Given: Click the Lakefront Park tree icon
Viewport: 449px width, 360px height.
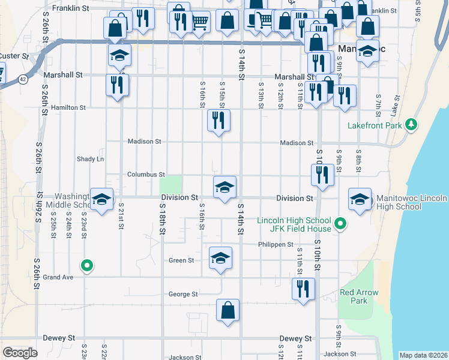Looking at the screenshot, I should click(411, 125).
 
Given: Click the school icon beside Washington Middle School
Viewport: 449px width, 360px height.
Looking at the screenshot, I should click(101, 200).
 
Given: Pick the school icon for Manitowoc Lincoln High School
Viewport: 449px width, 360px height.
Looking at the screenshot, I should click(360, 200).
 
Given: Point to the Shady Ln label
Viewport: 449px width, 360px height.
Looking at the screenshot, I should click(90, 159).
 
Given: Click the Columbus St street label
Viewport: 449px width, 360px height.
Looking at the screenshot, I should click(146, 175).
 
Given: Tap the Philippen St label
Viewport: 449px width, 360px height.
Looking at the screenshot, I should click(276, 245).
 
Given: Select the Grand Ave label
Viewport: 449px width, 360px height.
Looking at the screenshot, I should click(58, 277).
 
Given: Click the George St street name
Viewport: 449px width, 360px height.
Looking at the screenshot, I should click(183, 294).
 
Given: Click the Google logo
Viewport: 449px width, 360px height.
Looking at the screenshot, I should click(20, 353).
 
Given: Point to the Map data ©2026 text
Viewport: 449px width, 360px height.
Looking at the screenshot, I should click(423, 355).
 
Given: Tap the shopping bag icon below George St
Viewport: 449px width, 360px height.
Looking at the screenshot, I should click(228, 310).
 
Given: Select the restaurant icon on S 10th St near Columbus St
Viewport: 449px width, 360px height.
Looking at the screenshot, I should click(322, 175).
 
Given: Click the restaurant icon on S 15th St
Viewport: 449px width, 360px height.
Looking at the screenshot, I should click(218, 121).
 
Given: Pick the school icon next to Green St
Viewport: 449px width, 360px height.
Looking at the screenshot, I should click(220, 259).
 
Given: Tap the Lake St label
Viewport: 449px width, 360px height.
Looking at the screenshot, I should click(394, 106).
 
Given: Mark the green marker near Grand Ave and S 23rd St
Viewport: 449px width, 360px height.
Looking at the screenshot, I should click(87, 265).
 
